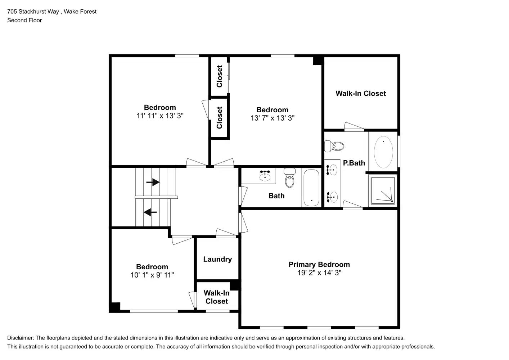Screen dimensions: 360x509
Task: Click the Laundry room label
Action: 217,259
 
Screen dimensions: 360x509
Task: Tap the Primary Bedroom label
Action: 319,265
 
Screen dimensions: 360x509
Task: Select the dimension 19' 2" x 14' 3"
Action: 319,273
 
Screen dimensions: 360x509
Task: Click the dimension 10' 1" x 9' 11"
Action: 152,275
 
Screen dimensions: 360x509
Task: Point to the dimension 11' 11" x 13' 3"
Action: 160,116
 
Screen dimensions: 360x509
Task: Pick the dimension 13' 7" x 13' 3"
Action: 272,118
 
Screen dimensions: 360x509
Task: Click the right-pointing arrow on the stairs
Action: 153,182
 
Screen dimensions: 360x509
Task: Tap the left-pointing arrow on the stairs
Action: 150,212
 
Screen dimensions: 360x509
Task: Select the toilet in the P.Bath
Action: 334,146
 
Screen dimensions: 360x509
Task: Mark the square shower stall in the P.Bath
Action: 383,191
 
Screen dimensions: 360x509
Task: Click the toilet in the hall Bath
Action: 289,178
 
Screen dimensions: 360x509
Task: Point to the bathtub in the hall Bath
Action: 311,188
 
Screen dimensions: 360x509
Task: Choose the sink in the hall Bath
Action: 265,176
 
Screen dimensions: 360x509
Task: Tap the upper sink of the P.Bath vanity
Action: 332,169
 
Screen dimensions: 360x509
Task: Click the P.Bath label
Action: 354,163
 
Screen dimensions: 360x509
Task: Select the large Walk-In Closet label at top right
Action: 361,94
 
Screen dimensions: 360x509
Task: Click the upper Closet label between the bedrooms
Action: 220,76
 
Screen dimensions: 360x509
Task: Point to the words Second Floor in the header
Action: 24,21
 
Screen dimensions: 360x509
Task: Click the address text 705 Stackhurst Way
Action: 33,12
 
